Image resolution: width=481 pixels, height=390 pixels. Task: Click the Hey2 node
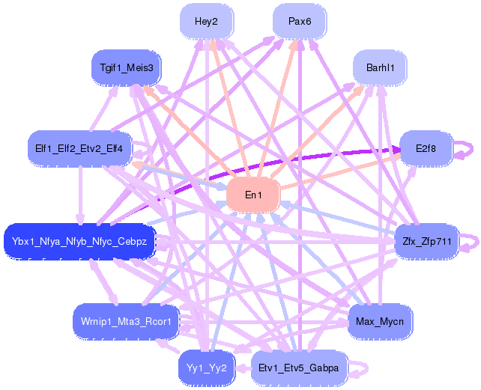(x=206, y=22)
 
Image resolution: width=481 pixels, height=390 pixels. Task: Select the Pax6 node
(x=300, y=22)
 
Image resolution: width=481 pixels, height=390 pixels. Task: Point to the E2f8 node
(x=425, y=148)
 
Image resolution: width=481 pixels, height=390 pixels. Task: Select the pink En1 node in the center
(x=253, y=195)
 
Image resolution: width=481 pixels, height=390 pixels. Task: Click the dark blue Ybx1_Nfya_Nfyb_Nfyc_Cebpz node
(x=79, y=241)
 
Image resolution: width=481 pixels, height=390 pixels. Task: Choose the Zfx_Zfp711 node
(x=426, y=241)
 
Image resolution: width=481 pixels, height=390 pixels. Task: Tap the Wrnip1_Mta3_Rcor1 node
(x=126, y=321)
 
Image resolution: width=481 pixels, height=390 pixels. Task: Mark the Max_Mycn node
(x=380, y=321)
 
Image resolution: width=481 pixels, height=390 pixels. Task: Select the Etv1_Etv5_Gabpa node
(x=298, y=368)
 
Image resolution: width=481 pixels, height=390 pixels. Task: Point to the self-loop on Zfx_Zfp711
(x=471, y=241)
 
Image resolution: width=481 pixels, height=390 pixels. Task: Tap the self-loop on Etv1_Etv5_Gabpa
(x=363, y=368)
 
